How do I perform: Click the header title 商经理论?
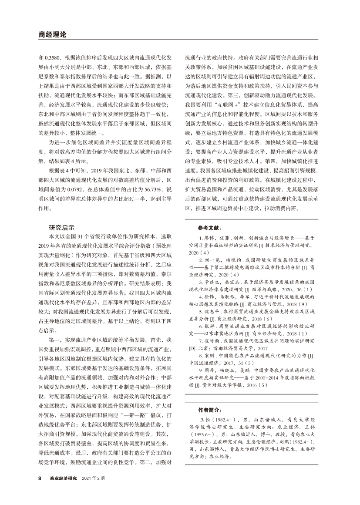click(x=50, y=35)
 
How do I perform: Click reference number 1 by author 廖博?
click(x=201, y=239)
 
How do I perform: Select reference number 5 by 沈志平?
click(x=201, y=299)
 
